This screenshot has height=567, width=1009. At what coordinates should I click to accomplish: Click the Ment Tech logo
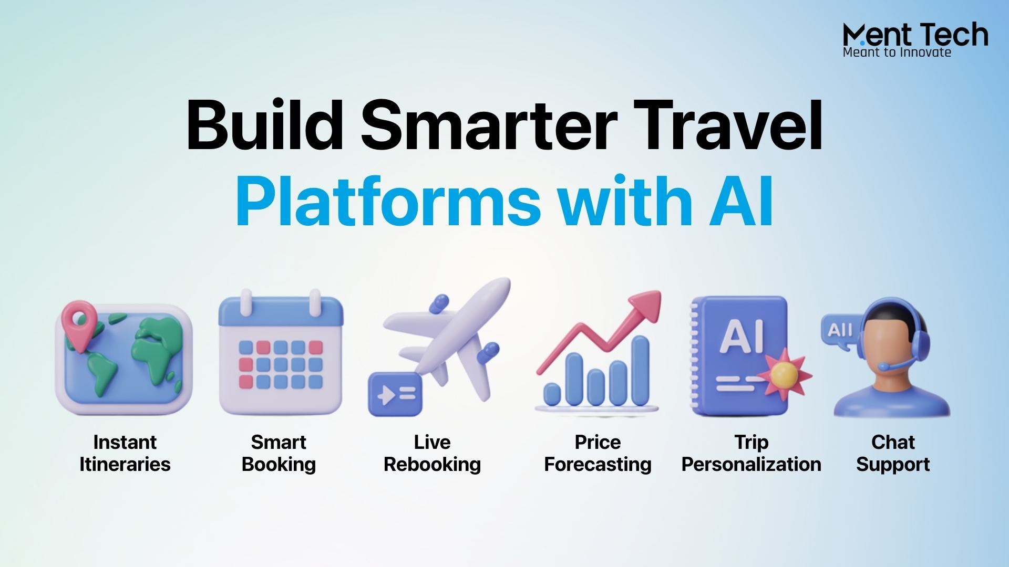915,39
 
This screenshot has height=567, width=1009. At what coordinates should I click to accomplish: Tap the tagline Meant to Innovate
897,52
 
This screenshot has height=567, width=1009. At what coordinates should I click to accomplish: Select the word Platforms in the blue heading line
388,200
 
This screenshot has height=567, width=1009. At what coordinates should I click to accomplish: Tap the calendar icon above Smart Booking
281,352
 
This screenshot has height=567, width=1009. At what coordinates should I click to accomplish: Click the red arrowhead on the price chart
645,307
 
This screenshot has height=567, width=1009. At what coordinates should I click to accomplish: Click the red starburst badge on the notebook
785,373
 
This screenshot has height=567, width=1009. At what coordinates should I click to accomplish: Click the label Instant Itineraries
125,453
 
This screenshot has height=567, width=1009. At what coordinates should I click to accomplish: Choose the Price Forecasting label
598,454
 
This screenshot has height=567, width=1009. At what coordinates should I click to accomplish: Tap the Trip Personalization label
751,453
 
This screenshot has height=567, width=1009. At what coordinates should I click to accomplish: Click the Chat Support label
893,454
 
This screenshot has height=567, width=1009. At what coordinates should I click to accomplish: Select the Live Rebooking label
432,454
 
